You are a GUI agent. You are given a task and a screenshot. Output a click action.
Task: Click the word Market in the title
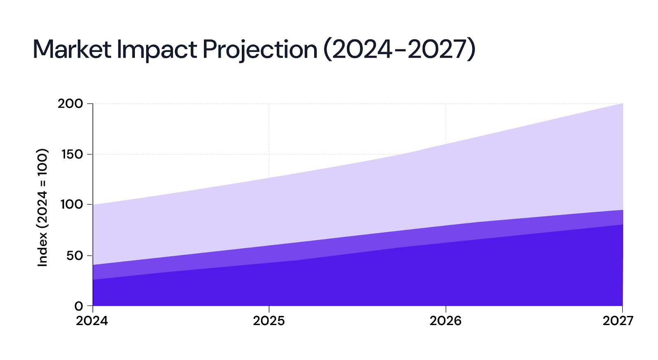[72, 50]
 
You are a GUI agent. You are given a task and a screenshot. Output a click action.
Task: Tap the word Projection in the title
[260, 50]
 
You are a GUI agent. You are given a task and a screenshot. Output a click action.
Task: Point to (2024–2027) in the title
[399, 50]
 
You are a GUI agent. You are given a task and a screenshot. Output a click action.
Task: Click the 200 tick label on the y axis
[70, 104]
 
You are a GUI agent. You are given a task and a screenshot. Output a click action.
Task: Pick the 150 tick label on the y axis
[72, 154]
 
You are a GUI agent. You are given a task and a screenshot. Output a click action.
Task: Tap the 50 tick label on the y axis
[74, 255]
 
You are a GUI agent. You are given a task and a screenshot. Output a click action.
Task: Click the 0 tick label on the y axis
[79, 306]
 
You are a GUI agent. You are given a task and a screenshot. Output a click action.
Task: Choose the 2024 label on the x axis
[92, 321]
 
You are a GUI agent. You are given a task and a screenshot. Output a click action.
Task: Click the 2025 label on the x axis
[269, 321]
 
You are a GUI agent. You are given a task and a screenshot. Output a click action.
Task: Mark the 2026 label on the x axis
[446, 321]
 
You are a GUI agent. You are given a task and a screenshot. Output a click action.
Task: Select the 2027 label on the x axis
[618, 321]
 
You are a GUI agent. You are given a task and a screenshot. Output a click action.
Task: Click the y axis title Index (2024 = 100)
[43, 207]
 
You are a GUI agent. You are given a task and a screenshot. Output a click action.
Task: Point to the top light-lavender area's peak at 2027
[622, 104]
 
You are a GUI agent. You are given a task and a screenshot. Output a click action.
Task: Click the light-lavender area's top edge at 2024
[93, 204]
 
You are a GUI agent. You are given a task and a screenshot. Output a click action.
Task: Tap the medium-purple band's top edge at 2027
[622, 210]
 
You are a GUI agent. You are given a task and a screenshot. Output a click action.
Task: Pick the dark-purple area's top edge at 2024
[93, 280]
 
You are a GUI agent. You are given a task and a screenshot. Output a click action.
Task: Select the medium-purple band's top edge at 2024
[93, 265]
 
